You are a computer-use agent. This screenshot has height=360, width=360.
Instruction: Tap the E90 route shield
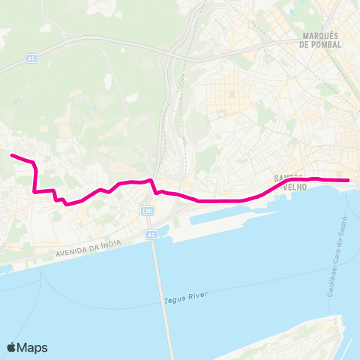coord(148,211)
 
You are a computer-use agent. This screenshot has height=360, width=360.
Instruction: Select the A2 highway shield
coord(151,235)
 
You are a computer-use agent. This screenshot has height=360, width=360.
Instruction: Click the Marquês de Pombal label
coord(320,40)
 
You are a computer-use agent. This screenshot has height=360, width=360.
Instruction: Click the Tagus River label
coord(184,301)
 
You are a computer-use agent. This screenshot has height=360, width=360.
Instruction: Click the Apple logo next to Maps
coord(12,347)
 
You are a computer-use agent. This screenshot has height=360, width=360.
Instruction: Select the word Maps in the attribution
coord(33,347)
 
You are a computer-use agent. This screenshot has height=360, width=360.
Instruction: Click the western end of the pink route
coord(11,155)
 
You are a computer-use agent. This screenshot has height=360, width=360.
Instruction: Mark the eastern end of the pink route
coord(349,180)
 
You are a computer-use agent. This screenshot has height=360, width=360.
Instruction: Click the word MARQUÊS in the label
coord(320,35)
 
